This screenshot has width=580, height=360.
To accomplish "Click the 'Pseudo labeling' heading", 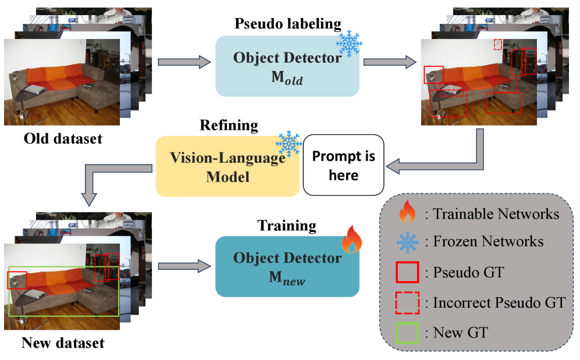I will coord(287,24).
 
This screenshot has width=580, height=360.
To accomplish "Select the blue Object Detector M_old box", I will coord(287,66).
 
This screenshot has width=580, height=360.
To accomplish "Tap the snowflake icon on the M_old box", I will coord(348,44).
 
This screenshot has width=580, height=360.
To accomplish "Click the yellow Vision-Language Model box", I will coord(227,166).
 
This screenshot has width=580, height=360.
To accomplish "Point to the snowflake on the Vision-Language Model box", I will coord(287,144).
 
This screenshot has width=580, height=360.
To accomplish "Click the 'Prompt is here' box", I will coord(343,165).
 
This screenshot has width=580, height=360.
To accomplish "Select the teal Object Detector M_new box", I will coord(287,267).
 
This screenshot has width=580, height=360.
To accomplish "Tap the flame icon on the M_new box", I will coord(351,241).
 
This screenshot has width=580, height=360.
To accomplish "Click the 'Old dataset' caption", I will coord(63,139).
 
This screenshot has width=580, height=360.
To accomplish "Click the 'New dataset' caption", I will coord(63,343).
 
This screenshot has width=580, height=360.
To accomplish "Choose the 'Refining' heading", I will coord(229,125).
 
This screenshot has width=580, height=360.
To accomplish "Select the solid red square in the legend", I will coord(407,272).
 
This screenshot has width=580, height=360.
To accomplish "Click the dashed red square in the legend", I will coord(407,303).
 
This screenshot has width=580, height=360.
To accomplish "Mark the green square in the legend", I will coord(407,333).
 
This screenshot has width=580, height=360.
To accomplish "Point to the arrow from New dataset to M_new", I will coord(183,266).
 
